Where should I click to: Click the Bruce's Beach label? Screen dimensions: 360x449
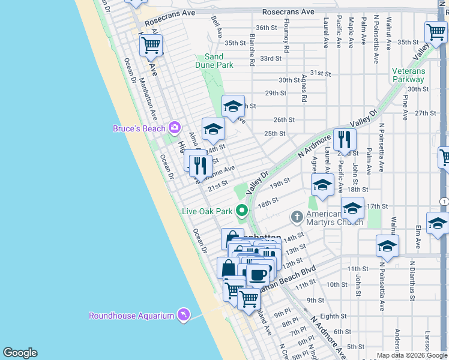pyautogui.click(x=140, y=128)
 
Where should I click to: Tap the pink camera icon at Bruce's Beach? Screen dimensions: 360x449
pyautogui.click(x=175, y=127)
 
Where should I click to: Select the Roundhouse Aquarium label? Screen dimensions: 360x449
pyautogui.click(x=131, y=316)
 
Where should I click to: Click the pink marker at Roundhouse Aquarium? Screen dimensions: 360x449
pyautogui.click(x=183, y=315)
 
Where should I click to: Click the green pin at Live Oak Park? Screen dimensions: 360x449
pyautogui.click(x=242, y=211)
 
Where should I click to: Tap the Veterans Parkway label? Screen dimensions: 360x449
pyautogui.click(x=408, y=75)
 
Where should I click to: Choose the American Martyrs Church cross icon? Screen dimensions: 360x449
pyautogui.click(x=296, y=216)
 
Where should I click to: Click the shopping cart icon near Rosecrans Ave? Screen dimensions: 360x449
pyautogui.click(x=151, y=45)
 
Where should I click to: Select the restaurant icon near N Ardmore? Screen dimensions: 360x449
pyautogui.click(x=344, y=140)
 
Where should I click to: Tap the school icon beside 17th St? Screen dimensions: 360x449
pyautogui.click(x=352, y=208)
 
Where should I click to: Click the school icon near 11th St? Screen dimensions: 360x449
pyautogui.click(x=387, y=246)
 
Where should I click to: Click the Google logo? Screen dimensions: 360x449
pyautogui.click(x=20, y=353)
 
